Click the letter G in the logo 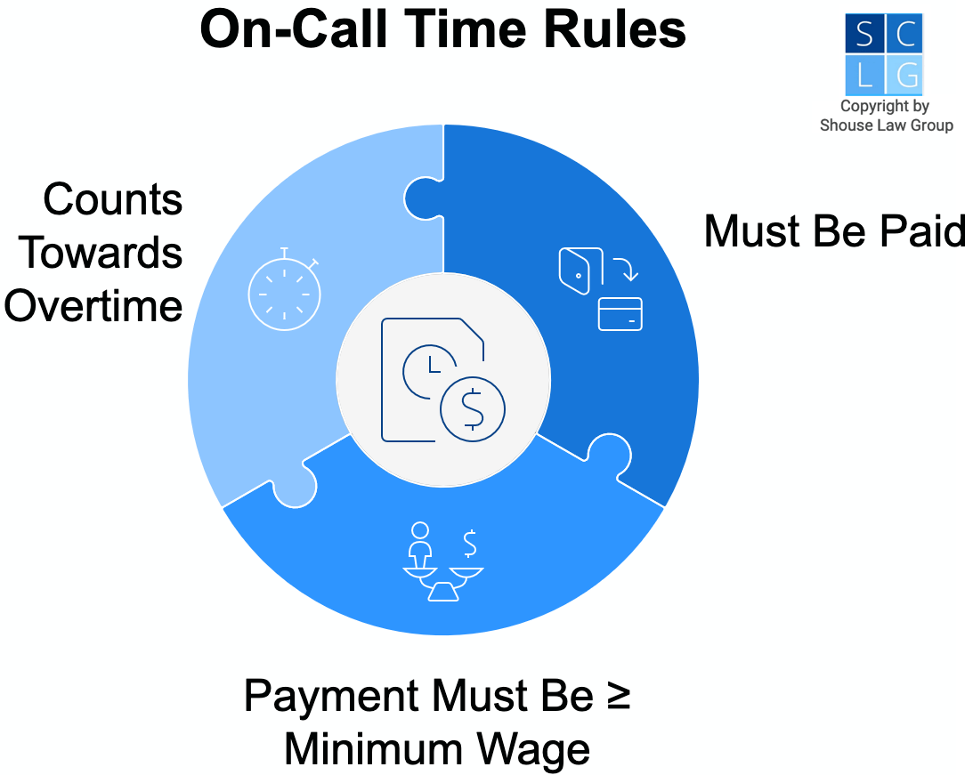click(906, 77)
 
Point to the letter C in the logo click(906, 35)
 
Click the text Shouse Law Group click(886, 125)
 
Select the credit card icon click(620, 314)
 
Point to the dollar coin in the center click(472, 408)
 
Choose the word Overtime click(93, 306)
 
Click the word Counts click(113, 199)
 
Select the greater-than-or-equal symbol click(620, 695)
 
